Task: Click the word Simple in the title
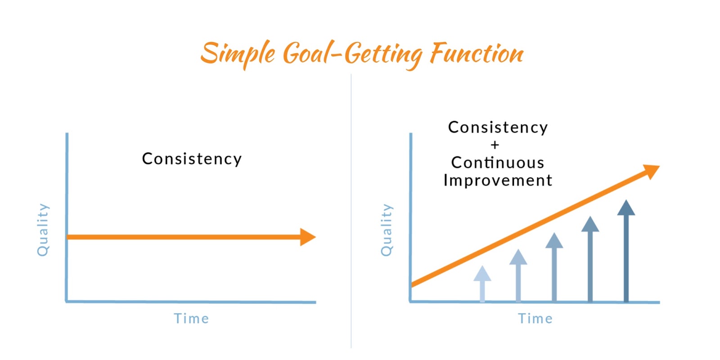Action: coord(238,54)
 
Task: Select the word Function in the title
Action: coord(477,53)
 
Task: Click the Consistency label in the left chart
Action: coord(192,159)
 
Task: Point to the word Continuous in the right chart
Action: coord(498,162)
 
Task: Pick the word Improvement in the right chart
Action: coord(498,180)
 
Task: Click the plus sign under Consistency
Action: coord(495,145)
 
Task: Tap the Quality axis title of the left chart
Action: coord(43,230)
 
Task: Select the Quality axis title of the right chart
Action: coord(387,230)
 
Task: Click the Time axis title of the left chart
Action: coord(192,319)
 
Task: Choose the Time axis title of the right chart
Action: coord(535,319)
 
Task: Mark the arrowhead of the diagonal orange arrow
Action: coord(651,171)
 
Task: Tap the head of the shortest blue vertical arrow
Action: coord(482,274)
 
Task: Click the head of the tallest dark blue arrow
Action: coord(626,207)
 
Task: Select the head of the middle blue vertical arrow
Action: coord(554,240)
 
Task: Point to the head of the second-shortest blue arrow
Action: coord(518,257)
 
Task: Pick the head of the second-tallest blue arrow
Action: coord(590,224)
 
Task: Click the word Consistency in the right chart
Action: coord(498,127)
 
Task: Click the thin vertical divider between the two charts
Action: coord(351,211)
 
